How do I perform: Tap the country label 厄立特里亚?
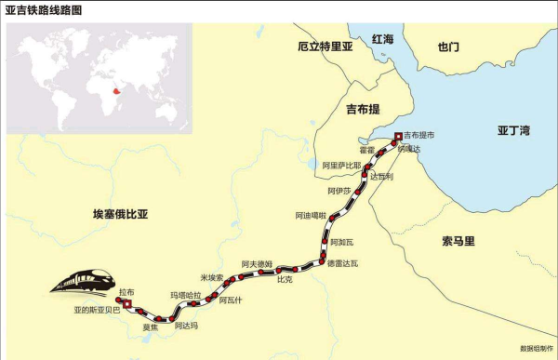(326, 47)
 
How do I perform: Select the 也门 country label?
(448, 47)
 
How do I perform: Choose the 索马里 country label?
(458, 241)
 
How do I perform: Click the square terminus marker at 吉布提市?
(398, 137)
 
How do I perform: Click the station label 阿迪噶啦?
(311, 216)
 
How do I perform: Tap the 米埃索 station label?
(212, 277)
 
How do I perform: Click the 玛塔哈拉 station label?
(185, 295)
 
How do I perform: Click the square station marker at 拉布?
(127, 303)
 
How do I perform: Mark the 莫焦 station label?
(150, 327)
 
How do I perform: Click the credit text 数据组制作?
(537, 349)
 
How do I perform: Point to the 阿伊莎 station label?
(339, 191)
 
